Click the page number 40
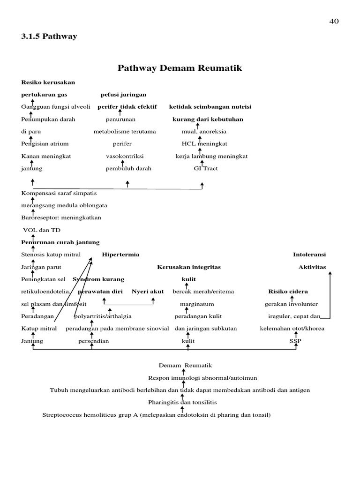pyautogui.click(x=334, y=21)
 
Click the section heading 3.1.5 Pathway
pyautogui.click(x=49, y=37)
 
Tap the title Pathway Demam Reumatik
pyautogui.click(x=180, y=68)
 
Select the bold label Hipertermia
pyautogui.click(x=120, y=255)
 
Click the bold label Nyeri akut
pyautogui.click(x=148, y=292)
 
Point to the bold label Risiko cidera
pyautogui.click(x=288, y=292)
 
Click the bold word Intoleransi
pyautogui.click(x=309, y=255)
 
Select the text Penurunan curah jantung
pyautogui.click(x=60, y=242)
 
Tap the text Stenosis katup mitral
pyautogui.click(x=50, y=255)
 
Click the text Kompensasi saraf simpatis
pyautogui.click(x=59, y=193)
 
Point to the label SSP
pyautogui.click(x=296, y=341)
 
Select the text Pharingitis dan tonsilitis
pyautogui.click(x=182, y=402)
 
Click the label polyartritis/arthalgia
pyautogui.click(x=103, y=316)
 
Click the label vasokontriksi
pyautogui.click(x=125, y=156)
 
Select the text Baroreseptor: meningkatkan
pyautogui.click(x=61, y=217)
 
